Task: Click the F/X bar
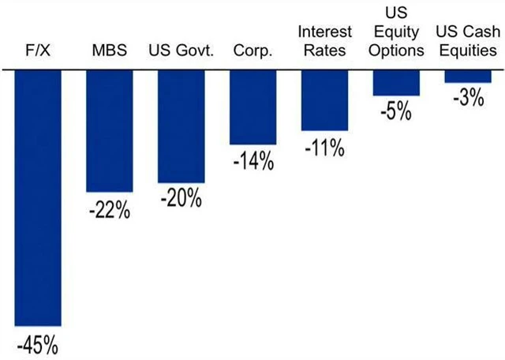point(38,197)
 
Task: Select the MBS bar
point(110,131)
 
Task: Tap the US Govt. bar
point(181,126)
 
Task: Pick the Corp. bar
point(253,107)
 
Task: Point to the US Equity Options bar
point(396,83)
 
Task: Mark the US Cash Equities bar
point(468,77)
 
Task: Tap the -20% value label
point(181,198)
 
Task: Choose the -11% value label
point(324,147)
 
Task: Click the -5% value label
point(396,111)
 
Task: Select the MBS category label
point(109,51)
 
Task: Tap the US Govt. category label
point(181,51)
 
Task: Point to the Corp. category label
point(252,51)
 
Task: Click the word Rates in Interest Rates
point(324,51)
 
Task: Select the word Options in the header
point(396,51)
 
